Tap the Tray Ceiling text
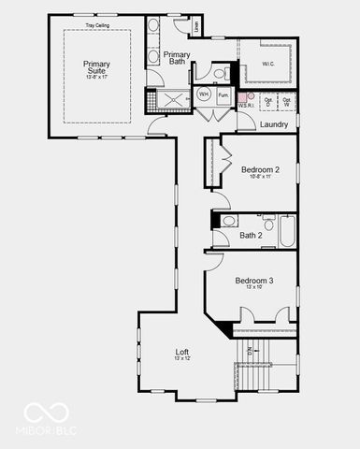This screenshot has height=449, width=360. (x=97, y=25)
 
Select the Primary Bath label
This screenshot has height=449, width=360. (x=178, y=58)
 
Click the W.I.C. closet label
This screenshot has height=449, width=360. (x=268, y=65)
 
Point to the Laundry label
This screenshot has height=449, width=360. (x=274, y=124)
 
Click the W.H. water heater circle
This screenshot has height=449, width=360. (x=204, y=95)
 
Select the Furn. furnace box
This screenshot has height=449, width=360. (x=224, y=95)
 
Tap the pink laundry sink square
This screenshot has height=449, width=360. (x=241, y=96)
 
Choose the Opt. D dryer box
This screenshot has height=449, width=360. (x=268, y=101)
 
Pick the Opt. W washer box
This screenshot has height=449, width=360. (x=287, y=101)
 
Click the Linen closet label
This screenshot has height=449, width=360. (x=196, y=28)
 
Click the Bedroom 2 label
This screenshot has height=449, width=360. (x=260, y=170)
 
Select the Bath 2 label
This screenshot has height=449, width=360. (x=252, y=236)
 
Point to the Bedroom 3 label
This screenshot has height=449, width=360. (x=254, y=281)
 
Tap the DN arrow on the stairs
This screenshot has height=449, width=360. (x=250, y=353)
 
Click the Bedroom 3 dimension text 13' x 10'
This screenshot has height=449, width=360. (x=254, y=288)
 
